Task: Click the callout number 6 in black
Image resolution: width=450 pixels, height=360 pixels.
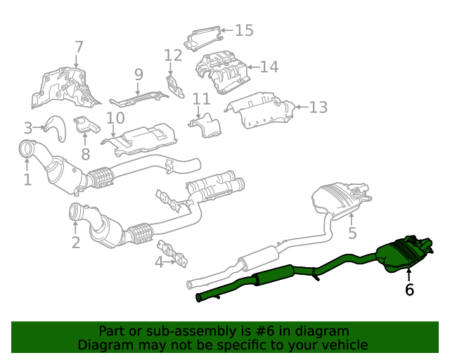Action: point(409,290)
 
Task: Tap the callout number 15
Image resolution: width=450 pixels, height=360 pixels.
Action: point(244,30)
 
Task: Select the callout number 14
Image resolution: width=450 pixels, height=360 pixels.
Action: point(269,67)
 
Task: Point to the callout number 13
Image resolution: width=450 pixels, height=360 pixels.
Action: point(319,108)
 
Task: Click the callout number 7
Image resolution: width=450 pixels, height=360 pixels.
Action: point(79,47)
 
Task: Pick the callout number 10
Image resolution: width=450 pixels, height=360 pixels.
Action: point(115,117)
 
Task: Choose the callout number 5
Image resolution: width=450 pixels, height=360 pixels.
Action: point(352,233)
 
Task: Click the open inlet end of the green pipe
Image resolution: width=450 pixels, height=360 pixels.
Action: point(198,297)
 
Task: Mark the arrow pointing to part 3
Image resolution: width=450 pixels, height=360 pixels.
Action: point(38,127)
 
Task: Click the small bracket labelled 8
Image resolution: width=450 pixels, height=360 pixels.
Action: point(86,124)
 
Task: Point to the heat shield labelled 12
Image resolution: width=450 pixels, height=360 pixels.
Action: point(175,86)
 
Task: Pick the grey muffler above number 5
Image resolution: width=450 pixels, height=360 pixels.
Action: point(341,200)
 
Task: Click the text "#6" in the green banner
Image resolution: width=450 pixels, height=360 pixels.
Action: point(264,331)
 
